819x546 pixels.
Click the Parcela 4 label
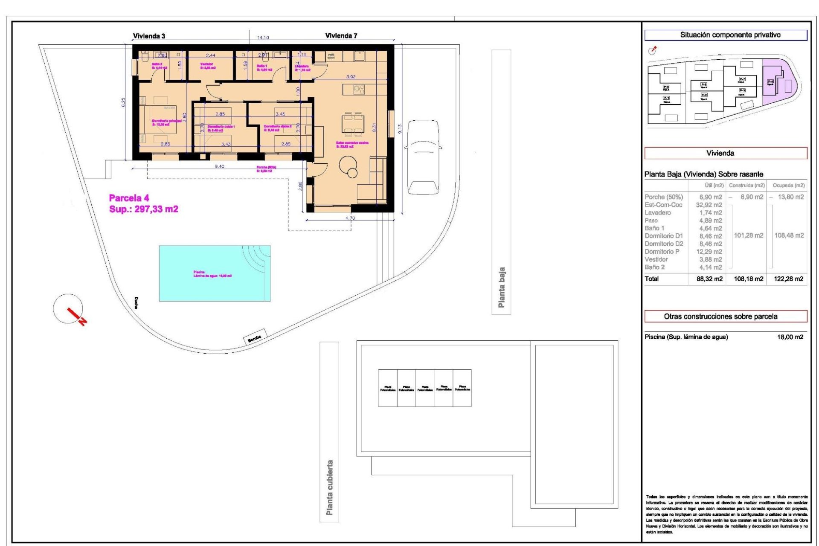coord(129,198)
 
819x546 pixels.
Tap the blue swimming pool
coord(215,273)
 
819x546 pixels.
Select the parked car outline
coord(423,157)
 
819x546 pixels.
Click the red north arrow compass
coord(69,310)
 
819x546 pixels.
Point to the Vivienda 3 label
coord(149,36)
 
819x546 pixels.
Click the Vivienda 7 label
coord(341,36)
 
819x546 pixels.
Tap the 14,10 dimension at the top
coord(263,38)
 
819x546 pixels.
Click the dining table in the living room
coord(353,124)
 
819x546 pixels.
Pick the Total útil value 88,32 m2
coord(709,279)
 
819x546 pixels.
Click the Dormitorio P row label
coord(662,252)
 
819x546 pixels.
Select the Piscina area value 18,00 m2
coord(790,337)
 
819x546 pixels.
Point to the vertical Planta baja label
coord(502,288)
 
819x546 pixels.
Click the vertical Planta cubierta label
coord(329,487)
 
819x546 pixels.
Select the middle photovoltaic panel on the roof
coord(425,388)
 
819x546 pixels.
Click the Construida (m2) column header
coord(746,186)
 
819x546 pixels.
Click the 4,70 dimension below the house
coord(350,218)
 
